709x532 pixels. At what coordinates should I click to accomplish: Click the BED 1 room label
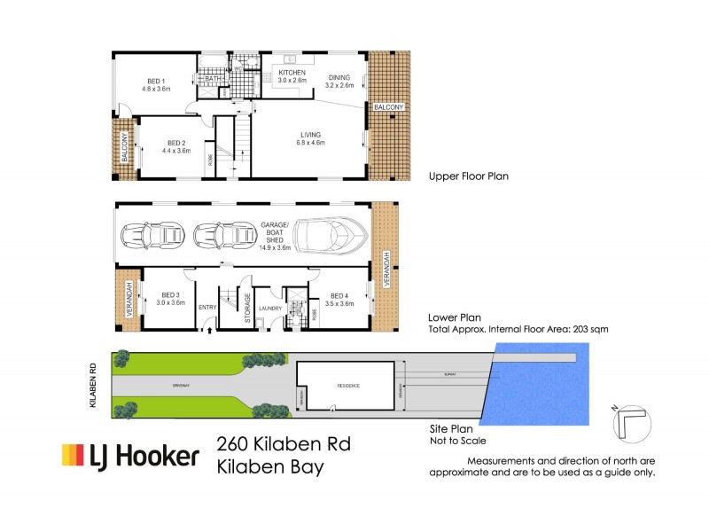click(x=155, y=82)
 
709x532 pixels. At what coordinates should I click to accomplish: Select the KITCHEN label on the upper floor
click(x=292, y=73)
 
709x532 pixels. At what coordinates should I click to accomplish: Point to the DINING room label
click(x=339, y=77)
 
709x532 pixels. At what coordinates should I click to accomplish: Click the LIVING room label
click(x=310, y=135)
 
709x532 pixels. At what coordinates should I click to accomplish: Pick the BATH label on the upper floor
click(x=213, y=79)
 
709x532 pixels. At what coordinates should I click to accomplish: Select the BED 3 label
click(x=171, y=295)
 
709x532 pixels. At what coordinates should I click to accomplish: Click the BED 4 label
click(x=340, y=295)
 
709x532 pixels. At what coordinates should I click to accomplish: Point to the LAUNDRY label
click(x=271, y=308)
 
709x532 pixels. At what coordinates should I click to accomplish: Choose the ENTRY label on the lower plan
click(x=207, y=308)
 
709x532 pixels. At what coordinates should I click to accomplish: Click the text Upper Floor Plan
click(x=468, y=176)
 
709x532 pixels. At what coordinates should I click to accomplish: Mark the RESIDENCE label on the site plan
click(x=346, y=387)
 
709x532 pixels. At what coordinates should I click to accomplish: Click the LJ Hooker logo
click(x=129, y=456)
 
